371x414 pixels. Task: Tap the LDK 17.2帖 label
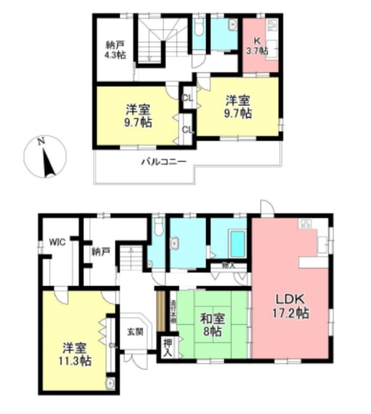(x=290, y=305)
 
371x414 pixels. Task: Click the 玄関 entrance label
(x=135, y=331)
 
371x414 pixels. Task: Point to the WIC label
(x=58, y=243)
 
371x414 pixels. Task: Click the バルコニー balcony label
(x=163, y=162)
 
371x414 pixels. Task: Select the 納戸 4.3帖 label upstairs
(x=115, y=50)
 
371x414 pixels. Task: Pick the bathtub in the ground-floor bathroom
(x=237, y=244)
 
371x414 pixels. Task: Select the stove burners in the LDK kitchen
(x=306, y=223)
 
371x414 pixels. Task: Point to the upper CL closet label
(x=188, y=98)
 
